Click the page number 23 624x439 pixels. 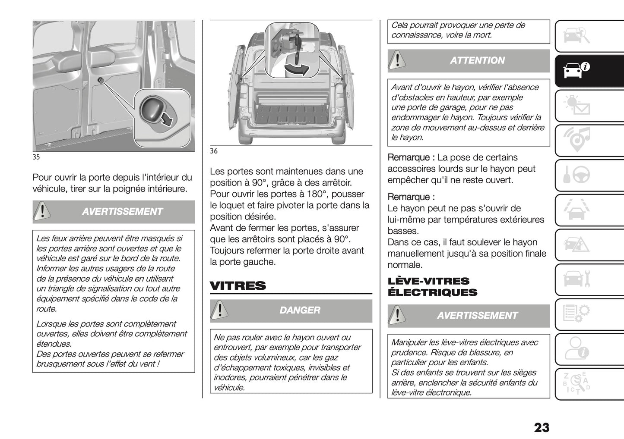[x=542, y=427]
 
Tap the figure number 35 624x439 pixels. [x=36, y=157]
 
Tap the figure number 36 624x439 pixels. [x=214, y=151]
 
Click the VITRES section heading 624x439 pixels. [x=238, y=286]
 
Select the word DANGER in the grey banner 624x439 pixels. [x=300, y=310]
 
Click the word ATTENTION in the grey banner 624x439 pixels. [x=477, y=61]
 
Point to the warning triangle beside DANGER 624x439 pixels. [x=220, y=310]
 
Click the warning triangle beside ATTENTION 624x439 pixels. [x=397, y=60]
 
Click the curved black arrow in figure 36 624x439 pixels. [x=298, y=69]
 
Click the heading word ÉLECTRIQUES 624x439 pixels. [x=432, y=292]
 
